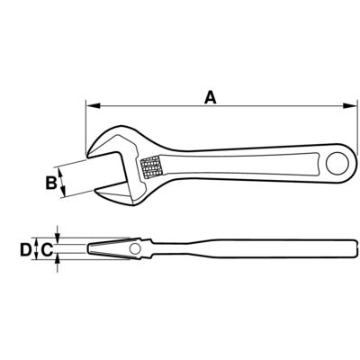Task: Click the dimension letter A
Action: click(211, 98)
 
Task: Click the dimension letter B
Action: click(51, 183)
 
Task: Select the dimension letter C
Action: click(47, 249)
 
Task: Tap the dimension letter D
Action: click(25, 249)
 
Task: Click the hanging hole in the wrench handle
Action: click(337, 164)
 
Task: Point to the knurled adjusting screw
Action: click(151, 167)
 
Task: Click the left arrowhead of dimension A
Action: click(93, 105)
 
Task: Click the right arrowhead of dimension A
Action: click(350, 105)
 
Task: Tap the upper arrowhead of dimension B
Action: click(60, 174)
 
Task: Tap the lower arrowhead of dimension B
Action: click(63, 191)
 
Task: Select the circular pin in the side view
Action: click(135, 248)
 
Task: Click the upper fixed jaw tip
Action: click(87, 157)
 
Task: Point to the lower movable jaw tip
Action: click(95, 190)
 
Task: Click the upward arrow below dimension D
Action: click(58, 264)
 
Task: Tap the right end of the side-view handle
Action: click(357, 248)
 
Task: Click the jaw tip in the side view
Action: click(88, 248)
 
